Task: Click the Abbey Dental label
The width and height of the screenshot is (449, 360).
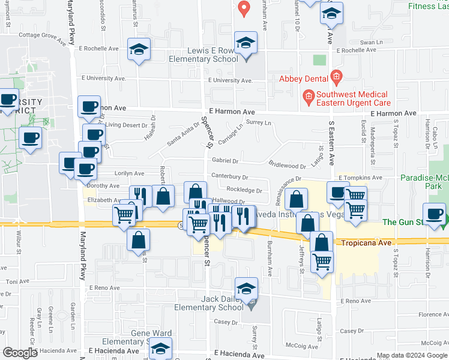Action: click(303, 79)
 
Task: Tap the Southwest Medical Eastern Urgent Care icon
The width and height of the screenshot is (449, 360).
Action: click(309, 95)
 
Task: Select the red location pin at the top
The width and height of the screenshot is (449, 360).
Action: click(244, 8)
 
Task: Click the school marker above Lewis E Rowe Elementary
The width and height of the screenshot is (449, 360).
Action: click(245, 43)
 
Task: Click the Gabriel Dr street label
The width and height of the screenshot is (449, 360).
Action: click(225, 161)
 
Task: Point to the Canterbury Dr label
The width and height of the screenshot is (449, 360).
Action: click(230, 177)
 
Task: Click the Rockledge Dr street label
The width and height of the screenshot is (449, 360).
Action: click(244, 190)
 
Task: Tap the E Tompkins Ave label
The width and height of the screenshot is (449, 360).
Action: click(360, 178)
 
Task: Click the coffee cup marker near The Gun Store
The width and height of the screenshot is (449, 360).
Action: click(433, 214)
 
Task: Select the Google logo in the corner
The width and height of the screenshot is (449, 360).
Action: click(20, 353)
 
